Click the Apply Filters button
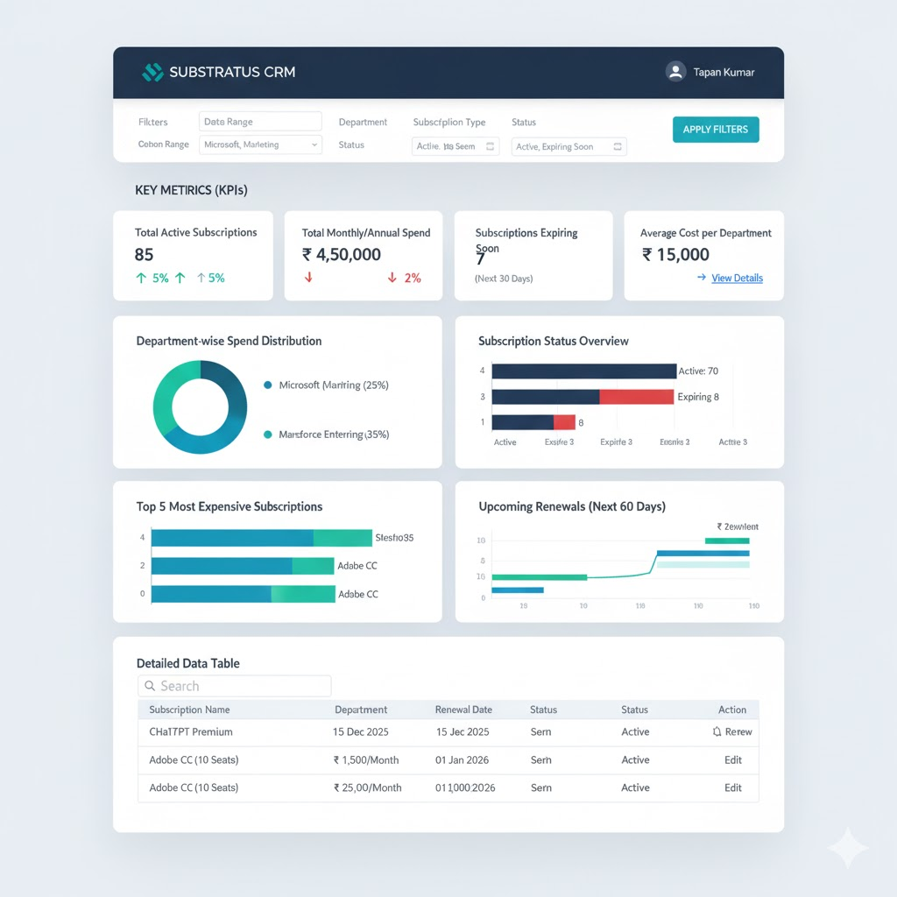tap(715, 130)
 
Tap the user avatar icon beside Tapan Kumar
tap(675, 72)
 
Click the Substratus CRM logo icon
tap(152, 72)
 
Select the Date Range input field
tap(260, 122)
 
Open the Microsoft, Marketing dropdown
tap(260, 145)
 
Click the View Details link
tap(737, 279)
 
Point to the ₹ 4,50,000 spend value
tap(342, 255)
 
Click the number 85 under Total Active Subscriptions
tap(145, 255)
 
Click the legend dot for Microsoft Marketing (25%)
tap(267, 385)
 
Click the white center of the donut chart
tap(200, 407)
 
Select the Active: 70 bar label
tap(698, 371)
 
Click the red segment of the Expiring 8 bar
tap(637, 397)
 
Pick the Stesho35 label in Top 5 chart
tap(394, 538)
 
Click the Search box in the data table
tap(235, 686)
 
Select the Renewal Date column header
tap(463, 710)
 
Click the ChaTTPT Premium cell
tap(191, 732)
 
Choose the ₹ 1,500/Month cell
tap(366, 760)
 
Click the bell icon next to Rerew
tap(717, 732)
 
